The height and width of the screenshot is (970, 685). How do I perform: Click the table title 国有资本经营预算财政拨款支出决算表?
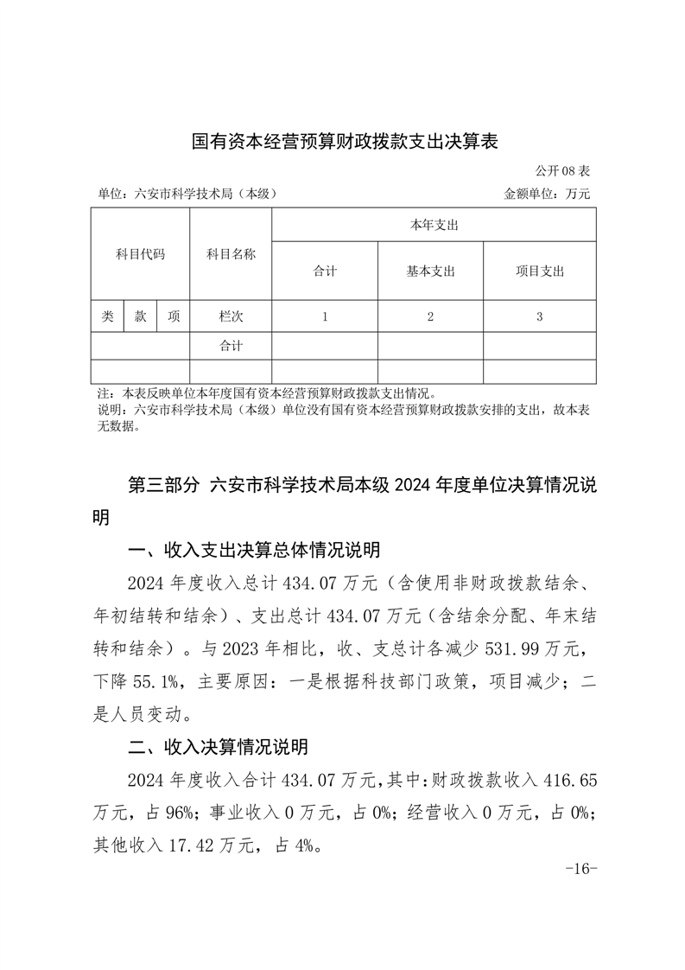[x=345, y=141]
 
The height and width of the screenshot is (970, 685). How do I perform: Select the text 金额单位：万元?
[x=547, y=194]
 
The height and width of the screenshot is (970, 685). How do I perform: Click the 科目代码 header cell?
[x=140, y=254]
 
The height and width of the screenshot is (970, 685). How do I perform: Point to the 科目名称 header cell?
[x=231, y=254]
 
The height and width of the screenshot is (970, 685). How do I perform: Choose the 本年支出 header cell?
[x=434, y=225]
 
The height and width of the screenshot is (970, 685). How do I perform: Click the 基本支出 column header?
[x=430, y=271]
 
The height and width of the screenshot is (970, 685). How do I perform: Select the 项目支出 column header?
[x=539, y=271]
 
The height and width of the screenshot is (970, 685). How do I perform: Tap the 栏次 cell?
[x=231, y=316]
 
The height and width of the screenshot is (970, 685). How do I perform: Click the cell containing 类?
[x=107, y=316]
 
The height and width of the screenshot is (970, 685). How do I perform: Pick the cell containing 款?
[x=140, y=316]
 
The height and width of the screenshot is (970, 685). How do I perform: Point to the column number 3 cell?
[x=539, y=316]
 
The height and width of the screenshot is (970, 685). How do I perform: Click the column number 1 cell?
[x=325, y=316]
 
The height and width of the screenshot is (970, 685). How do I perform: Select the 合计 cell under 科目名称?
[x=231, y=346]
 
